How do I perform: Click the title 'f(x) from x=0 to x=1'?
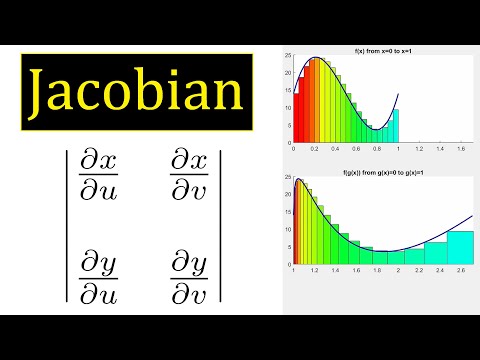tap(381, 50)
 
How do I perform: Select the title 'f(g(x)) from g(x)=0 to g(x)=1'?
tap(381, 175)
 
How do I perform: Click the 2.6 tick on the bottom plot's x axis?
tap(461, 271)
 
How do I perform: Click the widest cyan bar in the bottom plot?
tap(460, 248)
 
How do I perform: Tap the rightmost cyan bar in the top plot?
tap(395, 125)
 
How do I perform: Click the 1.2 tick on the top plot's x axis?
tap(416, 147)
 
